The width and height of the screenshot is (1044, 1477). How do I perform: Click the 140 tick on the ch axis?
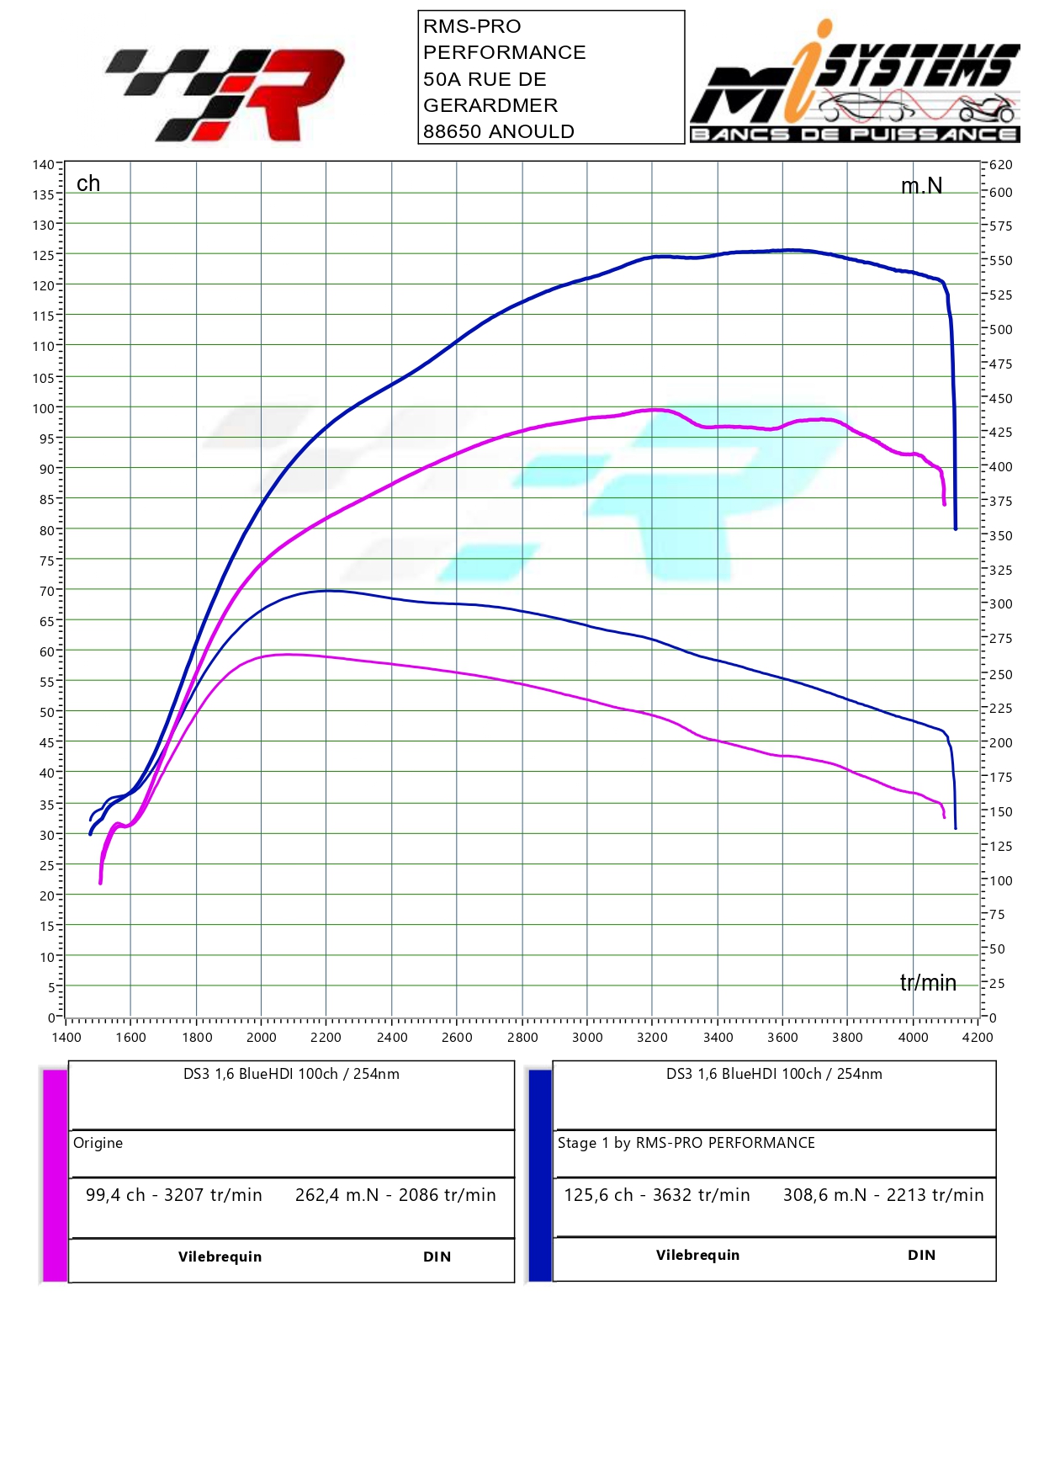tap(44, 164)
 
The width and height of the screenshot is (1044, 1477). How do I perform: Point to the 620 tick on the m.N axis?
tap(1000, 165)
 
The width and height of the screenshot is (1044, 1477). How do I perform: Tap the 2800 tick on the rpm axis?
tap(522, 1037)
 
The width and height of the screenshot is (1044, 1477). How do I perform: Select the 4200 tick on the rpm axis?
tap(978, 1037)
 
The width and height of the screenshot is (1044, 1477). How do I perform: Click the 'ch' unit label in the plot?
tap(88, 183)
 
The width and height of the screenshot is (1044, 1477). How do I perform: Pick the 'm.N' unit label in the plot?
tap(921, 186)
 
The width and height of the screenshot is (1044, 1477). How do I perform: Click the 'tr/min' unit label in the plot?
tap(928, 983)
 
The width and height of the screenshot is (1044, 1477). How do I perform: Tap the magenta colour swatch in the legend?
tap(55, 1175)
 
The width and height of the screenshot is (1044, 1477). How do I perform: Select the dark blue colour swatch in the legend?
tap(540, 1175)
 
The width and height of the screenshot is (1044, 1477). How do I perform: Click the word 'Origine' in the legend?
tap(98, 1143)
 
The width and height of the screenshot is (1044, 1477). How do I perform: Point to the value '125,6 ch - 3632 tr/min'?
tap(657, 1195)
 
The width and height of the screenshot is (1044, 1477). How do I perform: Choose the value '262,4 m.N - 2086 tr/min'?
tap(395, 1195)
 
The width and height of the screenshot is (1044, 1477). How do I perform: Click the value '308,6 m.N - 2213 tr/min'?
tap(883, 1195)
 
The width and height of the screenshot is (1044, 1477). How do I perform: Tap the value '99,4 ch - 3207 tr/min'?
tap(174, 1195)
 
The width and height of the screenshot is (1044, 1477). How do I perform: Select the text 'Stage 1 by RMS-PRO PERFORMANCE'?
tap(686, 1143)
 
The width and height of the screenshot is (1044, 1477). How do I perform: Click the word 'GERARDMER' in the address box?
tap(490, 105)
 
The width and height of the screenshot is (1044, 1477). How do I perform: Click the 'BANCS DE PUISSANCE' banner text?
tap(854, 135)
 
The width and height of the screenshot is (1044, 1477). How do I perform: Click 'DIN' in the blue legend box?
tap(921, 1255)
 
